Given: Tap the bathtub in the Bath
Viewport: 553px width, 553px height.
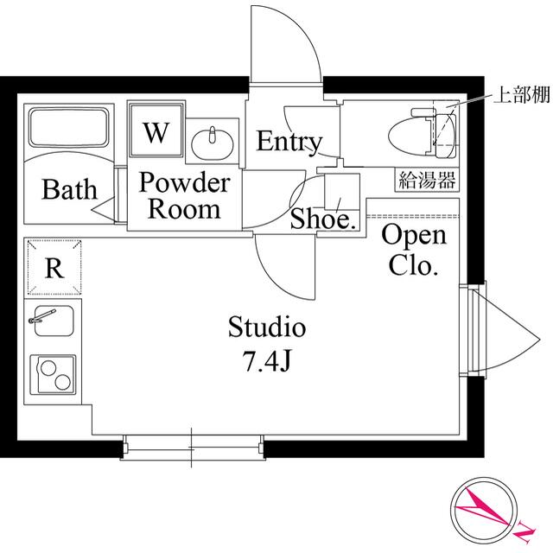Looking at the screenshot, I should [66, 127].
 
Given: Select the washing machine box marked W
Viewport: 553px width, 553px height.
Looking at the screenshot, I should [156, 132].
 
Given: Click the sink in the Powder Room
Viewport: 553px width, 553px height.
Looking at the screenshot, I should [212, 141].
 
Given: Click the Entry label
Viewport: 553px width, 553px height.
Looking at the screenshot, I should [289, 141].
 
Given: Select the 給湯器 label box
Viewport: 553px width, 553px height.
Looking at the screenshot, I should [428, 180].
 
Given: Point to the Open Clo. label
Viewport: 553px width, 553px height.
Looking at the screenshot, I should [414, 250].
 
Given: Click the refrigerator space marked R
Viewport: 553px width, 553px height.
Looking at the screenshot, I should [54, 267].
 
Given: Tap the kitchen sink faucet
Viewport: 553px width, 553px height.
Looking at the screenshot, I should [39, 320].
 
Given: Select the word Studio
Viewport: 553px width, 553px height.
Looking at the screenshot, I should [267, 327].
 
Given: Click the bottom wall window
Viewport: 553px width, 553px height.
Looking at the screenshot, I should [192, 446].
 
